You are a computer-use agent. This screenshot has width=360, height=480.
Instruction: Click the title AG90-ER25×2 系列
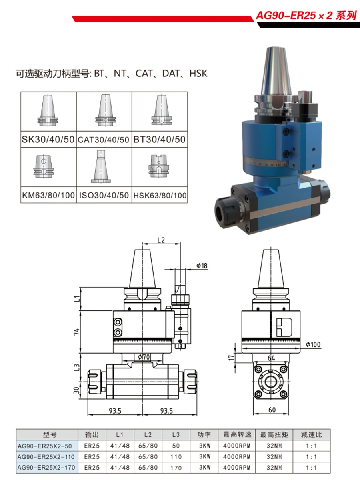[306, 16]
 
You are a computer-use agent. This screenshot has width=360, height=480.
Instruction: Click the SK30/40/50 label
[48, 139]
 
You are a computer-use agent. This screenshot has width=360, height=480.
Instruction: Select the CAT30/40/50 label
[104, 140]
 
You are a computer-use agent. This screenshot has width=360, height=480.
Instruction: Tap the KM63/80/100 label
[48, 195]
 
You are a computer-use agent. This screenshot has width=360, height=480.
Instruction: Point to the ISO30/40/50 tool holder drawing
[101, 166]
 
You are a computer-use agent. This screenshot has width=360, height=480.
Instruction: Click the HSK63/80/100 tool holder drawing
[159, 166]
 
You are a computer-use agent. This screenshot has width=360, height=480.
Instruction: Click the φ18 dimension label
[202, 266]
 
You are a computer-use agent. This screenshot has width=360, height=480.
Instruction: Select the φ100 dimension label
[313, 345]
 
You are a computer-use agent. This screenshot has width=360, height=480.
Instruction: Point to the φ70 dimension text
[144, 357]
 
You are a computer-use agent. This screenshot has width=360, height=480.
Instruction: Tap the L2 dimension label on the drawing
[161, 240]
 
